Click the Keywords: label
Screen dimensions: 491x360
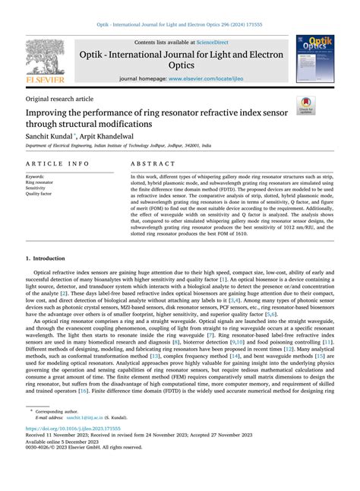(x=35, y=177)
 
